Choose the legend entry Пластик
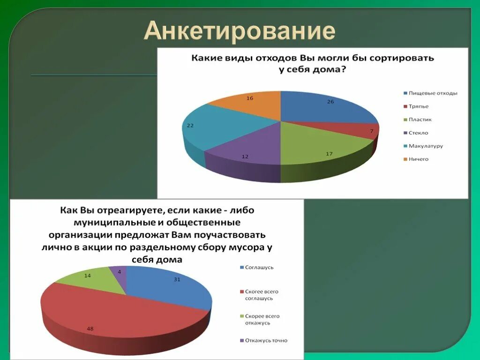click(x=420, y=120)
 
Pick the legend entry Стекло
click(x=418, y=133)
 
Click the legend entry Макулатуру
click(x=425, y=146)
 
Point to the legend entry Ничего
click(x=418, y=159)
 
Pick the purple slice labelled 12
click(x=244, y=152)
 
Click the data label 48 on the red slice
click(x=90, y=329)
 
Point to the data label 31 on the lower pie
click(x=177, y=280)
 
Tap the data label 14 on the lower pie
click(x=88, y=276)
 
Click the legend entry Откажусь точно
click(x=266, y=340)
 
